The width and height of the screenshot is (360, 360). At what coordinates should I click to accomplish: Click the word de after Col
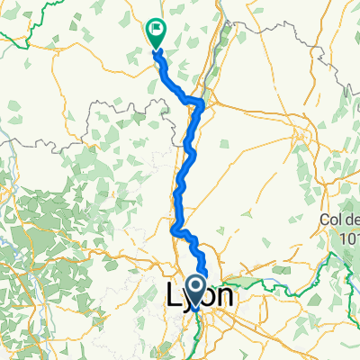click(x=352, y=219)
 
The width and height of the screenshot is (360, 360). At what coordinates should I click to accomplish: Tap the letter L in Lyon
click(x=174, y=295)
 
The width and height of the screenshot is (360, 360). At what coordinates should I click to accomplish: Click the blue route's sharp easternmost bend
click(x=203, y=104)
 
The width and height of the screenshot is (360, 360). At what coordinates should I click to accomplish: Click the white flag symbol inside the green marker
click(x=157, y=28)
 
